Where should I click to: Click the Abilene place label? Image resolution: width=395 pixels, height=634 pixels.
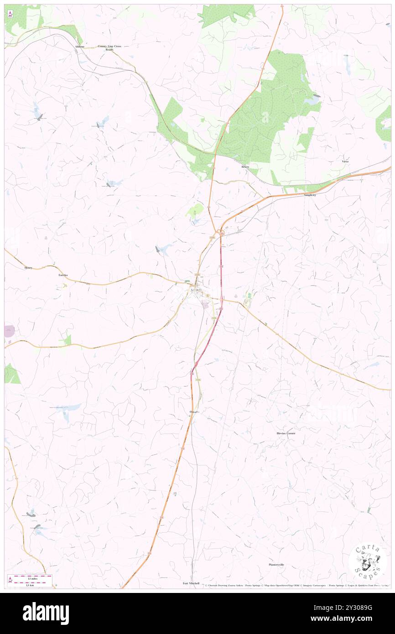(80, 47)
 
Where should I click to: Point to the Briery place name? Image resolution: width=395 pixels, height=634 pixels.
(245, 167)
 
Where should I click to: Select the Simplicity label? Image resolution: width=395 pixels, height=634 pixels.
(310, 195)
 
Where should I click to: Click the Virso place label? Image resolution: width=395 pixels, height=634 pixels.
(345, 161)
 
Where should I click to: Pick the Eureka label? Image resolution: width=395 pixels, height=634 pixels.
(63, 275)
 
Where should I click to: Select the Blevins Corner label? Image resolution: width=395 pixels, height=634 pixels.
(286, 433)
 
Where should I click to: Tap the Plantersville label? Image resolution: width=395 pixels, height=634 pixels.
(276, 565)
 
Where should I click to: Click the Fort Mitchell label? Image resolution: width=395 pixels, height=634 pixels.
(191, 583)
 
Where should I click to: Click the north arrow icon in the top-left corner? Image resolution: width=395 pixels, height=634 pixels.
(10, 14)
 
